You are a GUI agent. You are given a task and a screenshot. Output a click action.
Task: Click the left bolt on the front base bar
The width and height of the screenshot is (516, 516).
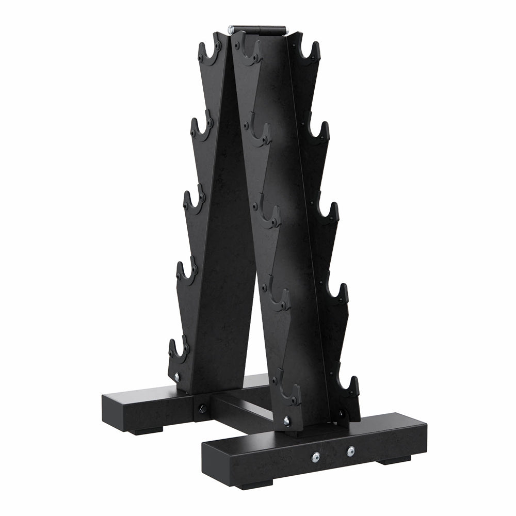[x=316, y=456]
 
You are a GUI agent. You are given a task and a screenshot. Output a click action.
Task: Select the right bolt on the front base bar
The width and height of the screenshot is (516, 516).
[x=351, y=451]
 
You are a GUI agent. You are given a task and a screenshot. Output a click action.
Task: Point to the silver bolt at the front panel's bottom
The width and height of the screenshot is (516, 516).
[x=286, y=421]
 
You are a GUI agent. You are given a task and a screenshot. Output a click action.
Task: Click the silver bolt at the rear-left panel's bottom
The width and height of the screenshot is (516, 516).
[x=177, y=377]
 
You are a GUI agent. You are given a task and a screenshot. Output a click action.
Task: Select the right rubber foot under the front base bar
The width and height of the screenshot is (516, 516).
[x=395, y=459]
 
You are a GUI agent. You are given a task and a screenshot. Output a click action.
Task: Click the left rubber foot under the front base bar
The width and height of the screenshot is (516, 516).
[x=253, y=485]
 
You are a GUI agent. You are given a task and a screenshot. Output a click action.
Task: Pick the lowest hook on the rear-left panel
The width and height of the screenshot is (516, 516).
[x=178, y=351]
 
